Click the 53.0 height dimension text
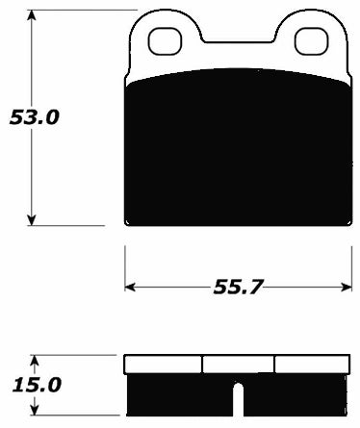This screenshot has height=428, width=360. [34, 117]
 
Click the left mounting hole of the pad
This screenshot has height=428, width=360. [164, 40]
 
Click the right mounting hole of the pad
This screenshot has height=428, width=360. [310, 40]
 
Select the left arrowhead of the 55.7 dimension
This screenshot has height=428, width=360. [132, 287]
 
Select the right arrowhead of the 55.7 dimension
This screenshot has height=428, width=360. [345, 287]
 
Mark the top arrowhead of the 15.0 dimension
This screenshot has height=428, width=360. [34, 361]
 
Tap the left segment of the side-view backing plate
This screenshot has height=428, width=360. [164, 365]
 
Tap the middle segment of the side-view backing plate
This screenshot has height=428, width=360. [238, 365]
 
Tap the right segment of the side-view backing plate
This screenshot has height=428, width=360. [312, 365]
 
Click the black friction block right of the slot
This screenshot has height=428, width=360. [294, 398]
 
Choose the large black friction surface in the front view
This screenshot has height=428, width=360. [238, 149]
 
